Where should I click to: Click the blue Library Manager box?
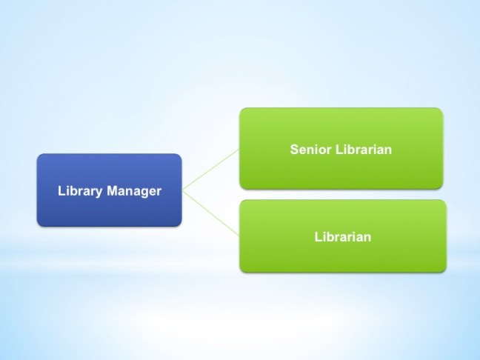tap(109, 190)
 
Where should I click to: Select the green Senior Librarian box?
tap(341, 148)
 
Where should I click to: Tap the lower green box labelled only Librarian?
tap(342, 236)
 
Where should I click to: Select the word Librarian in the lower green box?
tap(341, 237)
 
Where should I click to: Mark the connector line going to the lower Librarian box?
tap(211, 213)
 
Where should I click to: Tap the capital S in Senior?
tap(293, 150)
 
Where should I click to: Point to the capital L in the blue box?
tap(61, 191)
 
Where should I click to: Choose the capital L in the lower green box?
tap(316, 237)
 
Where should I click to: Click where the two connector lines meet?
tap(183, 190)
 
